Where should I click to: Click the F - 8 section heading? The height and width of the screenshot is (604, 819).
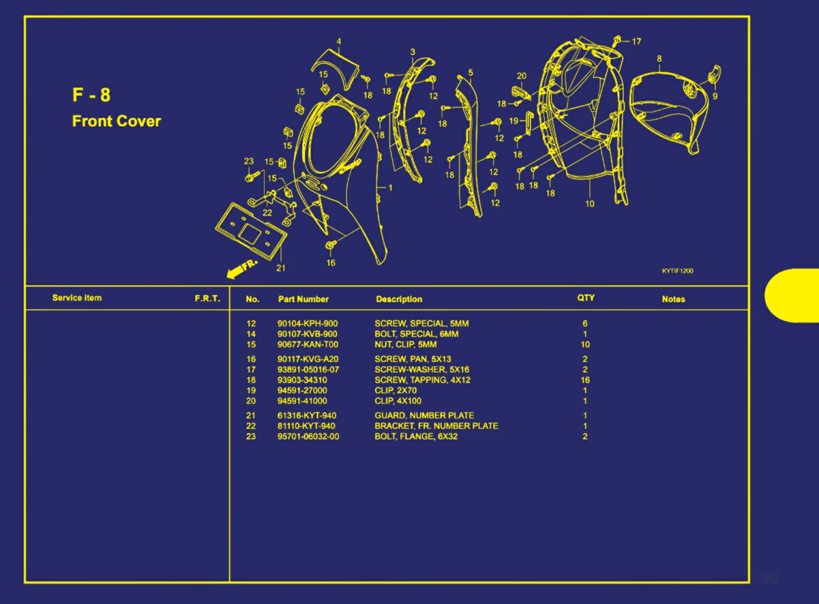pyautogui.click(x=91, y=95)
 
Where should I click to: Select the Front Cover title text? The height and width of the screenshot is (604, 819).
pyautogui.click(x=116, y=121)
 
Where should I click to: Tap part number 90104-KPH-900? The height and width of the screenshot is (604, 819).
pyautogui.click(x=307, y=324)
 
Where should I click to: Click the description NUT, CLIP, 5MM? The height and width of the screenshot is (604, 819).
pyautogui.click(x=405, y=345)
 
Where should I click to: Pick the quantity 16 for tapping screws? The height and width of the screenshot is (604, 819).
pyautogui.click(x=585, y=380)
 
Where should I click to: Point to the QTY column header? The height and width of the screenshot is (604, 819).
pyautogui.click(x=585, y=297)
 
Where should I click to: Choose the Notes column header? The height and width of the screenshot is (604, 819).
pyautogui.click(x=673, y=299)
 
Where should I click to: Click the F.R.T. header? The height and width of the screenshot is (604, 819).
pyautogui.click(x=207, y=299)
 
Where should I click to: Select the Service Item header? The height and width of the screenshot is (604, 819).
pyautogui.click(x=77, y=298)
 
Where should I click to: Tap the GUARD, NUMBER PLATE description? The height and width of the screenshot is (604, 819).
pyautogui.click(x=424, y=415)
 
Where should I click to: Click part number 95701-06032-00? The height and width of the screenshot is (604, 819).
pyautogui.click(x=308, y=436)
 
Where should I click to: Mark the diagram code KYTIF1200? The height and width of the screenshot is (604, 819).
pyautogui.click(x=677, y=271)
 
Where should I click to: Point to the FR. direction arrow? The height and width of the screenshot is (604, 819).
pyautogui.click(x=241, y=269)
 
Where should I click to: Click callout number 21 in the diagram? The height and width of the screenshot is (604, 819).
pyautogui.click(x=281, y=268)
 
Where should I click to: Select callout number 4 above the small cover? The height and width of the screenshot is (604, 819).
pyautogui.click(x=339, y=41)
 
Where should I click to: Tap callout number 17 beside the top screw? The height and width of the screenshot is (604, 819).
pyautogui.click(x=636, y=41)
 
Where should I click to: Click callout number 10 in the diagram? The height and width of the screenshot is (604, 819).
pyautogui.click(x=590, y=204)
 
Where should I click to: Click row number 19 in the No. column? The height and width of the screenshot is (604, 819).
pyautogui.click(x=251, y=391)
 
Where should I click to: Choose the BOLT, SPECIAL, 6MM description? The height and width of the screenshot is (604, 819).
pyautogui.click(x=416, y=334)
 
